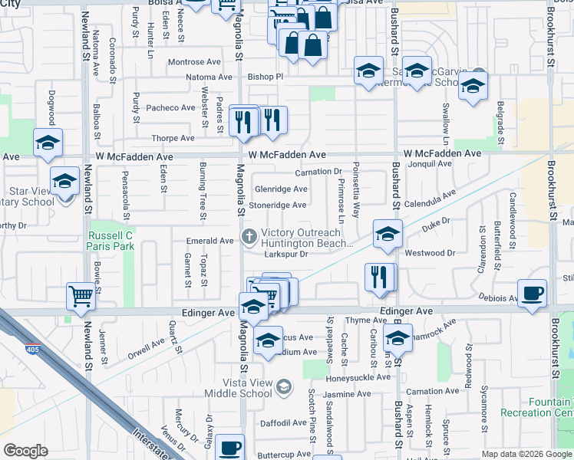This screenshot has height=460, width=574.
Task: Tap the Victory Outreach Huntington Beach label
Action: click(305, 238)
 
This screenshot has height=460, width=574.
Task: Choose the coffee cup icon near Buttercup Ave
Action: click(229, 448)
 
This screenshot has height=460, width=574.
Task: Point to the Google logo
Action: click(25, 451)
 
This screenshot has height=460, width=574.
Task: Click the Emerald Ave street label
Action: click(210, 241)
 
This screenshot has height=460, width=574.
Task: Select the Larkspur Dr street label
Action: click(285, 254)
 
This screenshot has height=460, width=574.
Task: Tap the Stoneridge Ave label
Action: click(281, 205)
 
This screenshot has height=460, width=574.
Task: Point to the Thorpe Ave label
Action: click(173, 139)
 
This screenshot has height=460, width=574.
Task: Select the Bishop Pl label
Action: click(266, 77)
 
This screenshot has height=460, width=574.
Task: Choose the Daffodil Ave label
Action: click(283, 422)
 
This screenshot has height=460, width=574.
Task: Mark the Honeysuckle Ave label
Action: click(359, 377)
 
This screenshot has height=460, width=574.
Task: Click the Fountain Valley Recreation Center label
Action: click(546, 407)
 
